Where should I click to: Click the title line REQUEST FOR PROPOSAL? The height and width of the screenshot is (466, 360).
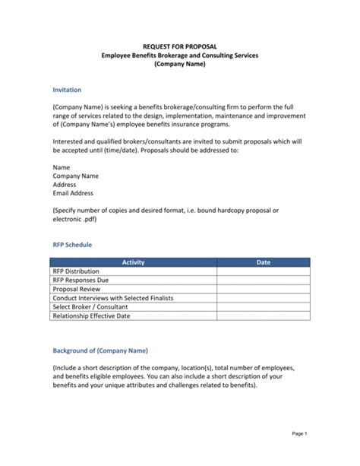point(179,46)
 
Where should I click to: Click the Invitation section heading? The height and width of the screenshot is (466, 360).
point(67,89)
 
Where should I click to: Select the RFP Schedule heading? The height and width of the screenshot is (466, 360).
point(72,245)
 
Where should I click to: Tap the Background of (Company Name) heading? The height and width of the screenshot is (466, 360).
point(100,350)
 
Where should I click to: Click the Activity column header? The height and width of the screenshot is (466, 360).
point(133,262)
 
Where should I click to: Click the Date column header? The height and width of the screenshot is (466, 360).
point(263,262)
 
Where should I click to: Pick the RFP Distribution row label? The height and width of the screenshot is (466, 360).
point(76,271)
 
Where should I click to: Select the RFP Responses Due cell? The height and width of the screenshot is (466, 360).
point(81,280)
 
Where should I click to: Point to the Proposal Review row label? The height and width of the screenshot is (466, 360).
point(76,289)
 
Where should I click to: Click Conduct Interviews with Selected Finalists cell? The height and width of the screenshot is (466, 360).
point(112,298)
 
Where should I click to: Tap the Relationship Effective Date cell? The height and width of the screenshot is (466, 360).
point(91,316)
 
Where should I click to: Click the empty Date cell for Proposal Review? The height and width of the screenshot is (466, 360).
point(263,289)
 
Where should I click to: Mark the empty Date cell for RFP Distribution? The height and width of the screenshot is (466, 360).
point(263,271)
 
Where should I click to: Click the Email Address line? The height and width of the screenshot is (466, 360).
point(73,193)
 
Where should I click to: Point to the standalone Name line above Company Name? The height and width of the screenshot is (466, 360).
point(62,166)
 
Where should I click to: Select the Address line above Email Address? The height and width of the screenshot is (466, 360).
point(65,184)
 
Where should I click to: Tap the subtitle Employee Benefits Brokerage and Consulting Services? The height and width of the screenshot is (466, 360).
point(179,55)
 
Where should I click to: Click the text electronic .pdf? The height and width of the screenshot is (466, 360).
point(75,219)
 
